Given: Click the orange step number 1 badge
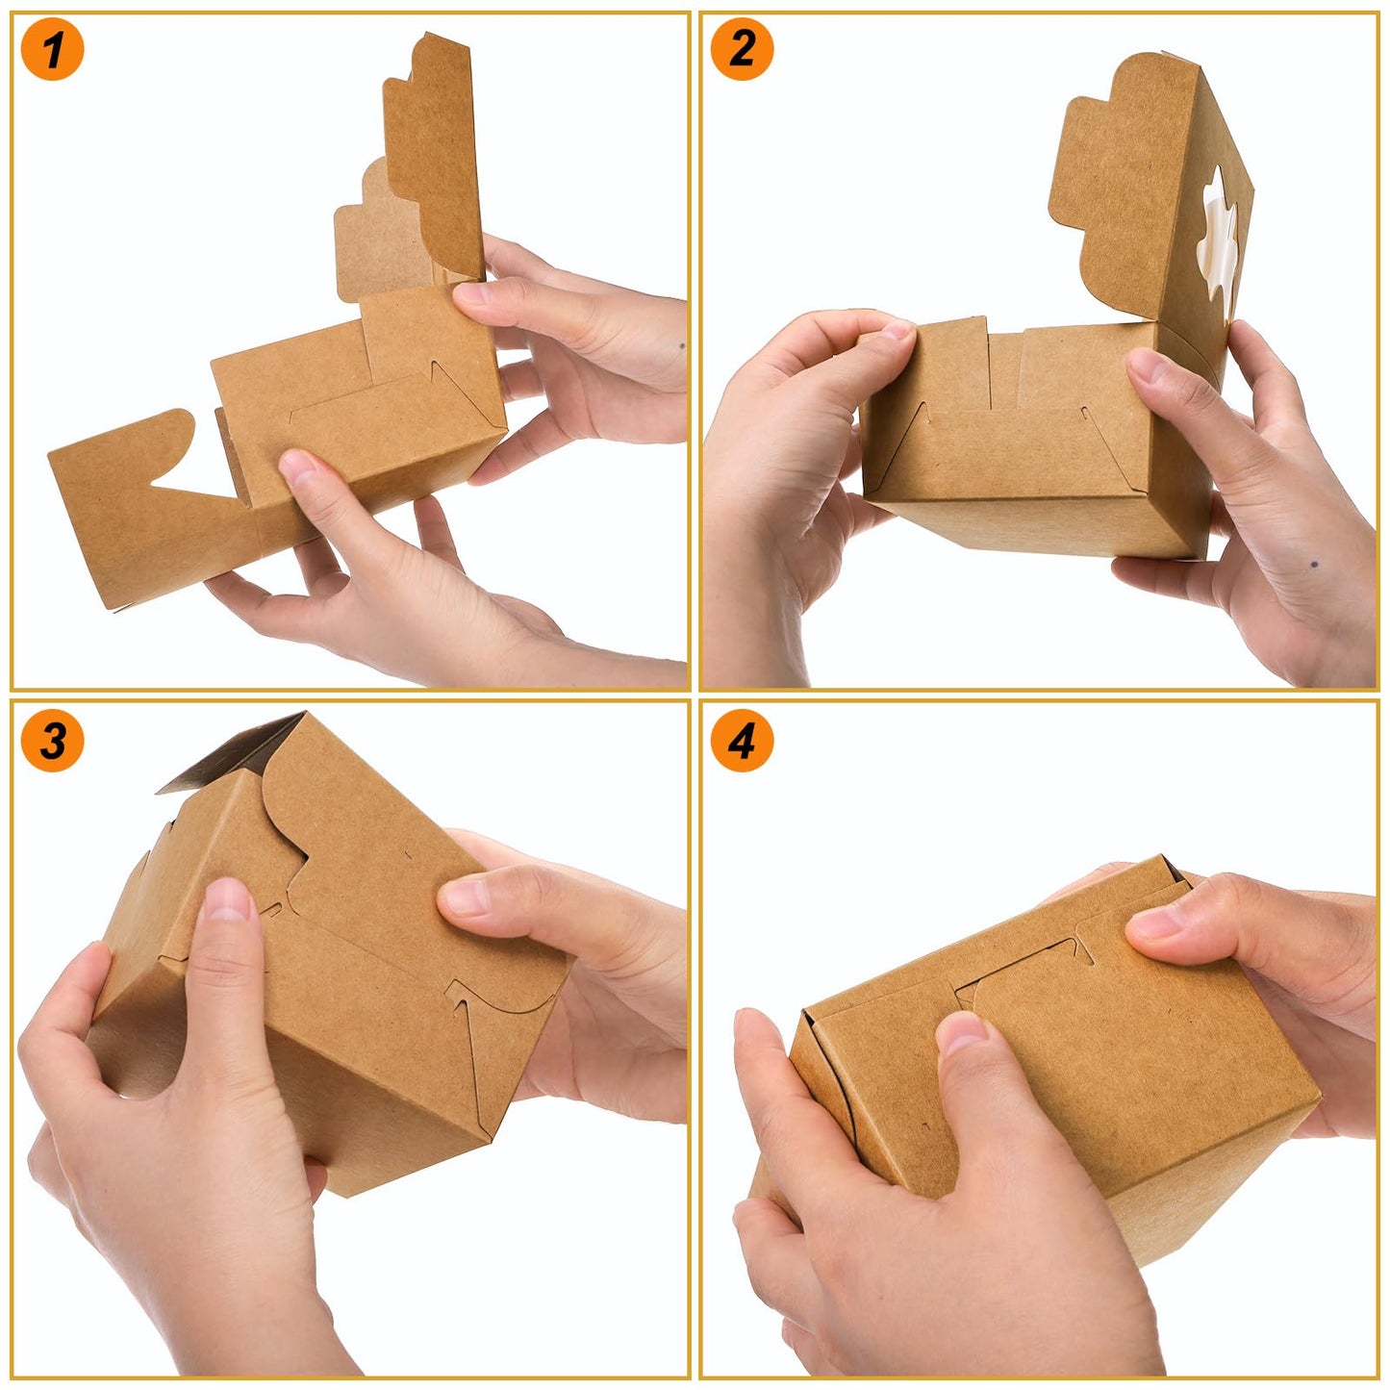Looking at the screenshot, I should click(52, 49).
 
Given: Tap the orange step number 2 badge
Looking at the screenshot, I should click(742, 49).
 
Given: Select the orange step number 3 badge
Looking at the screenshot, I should click(52, 740).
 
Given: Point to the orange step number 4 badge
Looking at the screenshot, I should click(742, 740).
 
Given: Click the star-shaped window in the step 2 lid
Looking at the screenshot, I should click(1216, 231).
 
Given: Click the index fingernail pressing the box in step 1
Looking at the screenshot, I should click(298, 468).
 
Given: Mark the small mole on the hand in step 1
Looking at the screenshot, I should click(682, 344).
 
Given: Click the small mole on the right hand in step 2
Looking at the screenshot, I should click(1314, 564).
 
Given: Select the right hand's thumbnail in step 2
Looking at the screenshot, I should click(1145, 366).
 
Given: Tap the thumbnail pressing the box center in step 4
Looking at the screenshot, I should click(962, 1034).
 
